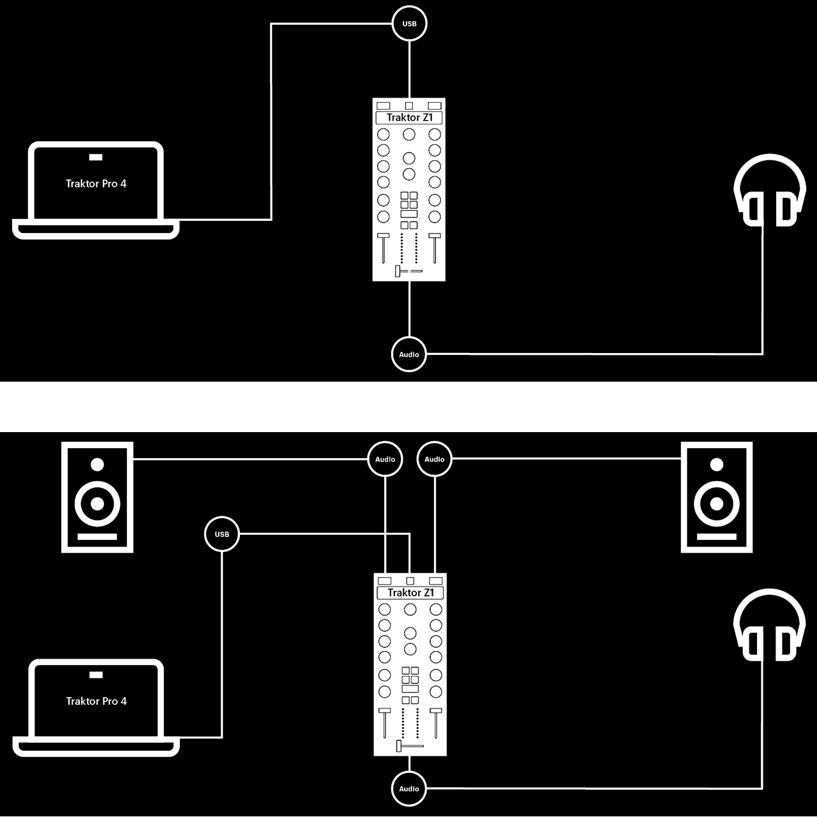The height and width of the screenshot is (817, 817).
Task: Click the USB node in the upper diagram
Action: (x=409, y=24)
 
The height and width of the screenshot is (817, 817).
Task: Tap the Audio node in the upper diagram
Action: (x=408, y=354)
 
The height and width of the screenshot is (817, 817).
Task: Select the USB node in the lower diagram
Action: (x=221, y=534)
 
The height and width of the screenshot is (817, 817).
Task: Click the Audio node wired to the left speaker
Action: (x=385, y=459)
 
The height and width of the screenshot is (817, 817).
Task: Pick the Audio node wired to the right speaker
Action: (x=434, y=459)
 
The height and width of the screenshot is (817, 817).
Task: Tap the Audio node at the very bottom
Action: (x=408, y=789)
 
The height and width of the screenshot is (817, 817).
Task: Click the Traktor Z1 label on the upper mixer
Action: (x=409, y=117)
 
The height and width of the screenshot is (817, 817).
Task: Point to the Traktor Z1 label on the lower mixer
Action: (x=410, y=593)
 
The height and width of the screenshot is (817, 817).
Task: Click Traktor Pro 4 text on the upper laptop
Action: (x=96, y=184)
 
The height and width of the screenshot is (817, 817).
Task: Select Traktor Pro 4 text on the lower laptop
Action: (x=96, y=701)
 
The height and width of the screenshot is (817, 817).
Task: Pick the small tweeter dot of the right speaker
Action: (x=716, y=465)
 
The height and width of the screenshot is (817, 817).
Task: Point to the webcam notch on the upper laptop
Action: (x=96, y=157)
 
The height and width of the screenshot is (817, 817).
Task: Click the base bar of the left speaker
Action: (x=97, y=537)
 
